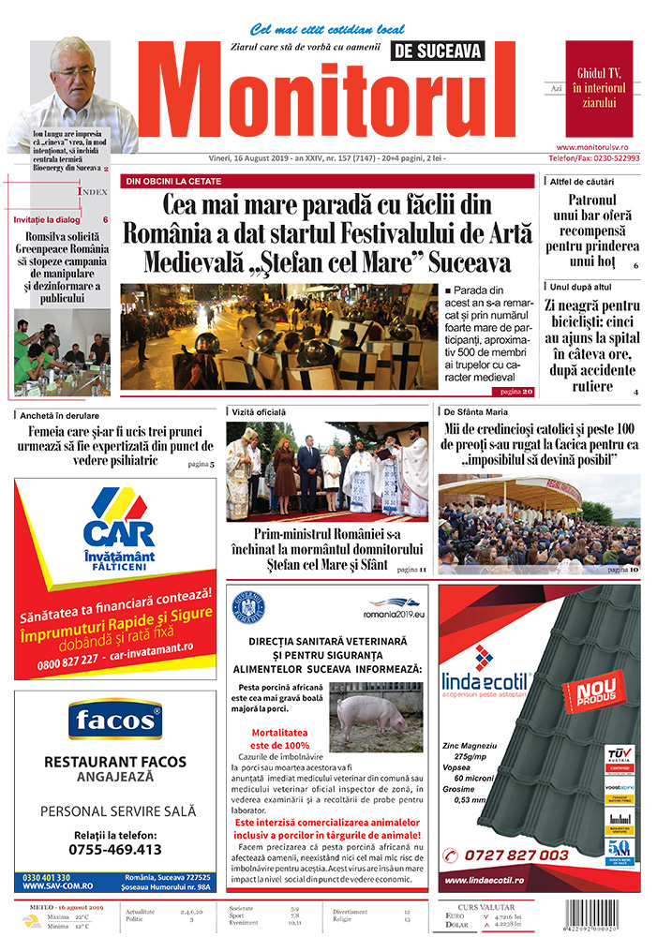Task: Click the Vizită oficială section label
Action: (x=260, y=411)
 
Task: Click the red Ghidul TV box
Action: (x=599, y=88)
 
